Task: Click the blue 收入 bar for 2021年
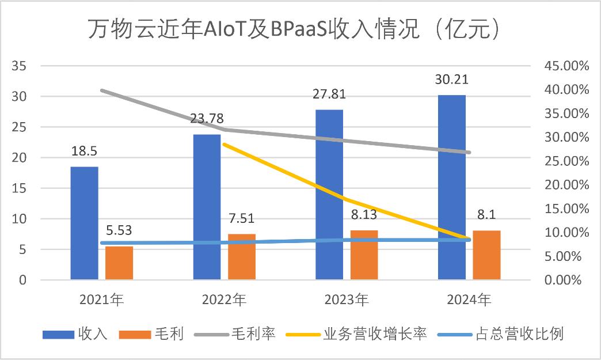point(85,223)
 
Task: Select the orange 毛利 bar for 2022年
point(242,257)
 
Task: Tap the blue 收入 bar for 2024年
point(452,188)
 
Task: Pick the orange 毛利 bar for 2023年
point(364,255)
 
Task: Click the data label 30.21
point(452,79)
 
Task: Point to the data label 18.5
point(85,151)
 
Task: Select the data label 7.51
point(242,218)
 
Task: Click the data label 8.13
point(364,215)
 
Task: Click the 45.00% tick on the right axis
point(566,66)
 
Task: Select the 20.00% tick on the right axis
point(566,185)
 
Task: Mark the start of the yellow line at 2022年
point(223,144)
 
